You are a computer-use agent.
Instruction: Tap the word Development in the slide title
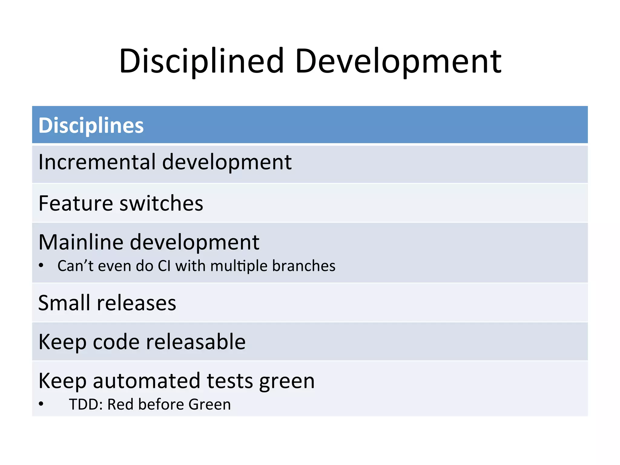pyautogui.click(x=398, y=61)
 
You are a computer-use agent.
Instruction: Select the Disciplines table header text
pyautogui.click(x=91, y=125)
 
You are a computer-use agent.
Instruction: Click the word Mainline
pyautogui.click(x=81, y=242)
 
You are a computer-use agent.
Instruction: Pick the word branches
pyautogui.click(x=304, y=266)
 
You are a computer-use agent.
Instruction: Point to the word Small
pyautogui.click(x=64, y=303)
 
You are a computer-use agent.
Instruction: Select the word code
pyautogui.click(x=116, y=342)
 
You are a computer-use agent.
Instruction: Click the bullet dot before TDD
pyautogui.click(x=41, y=404)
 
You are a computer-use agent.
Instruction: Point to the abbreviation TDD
pyautogui.click(x=86, y=404)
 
